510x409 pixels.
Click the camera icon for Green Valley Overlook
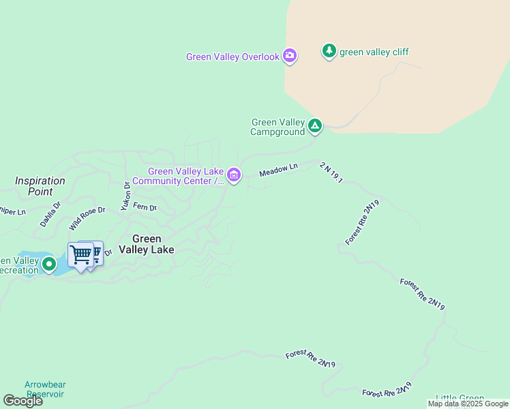(290, 56)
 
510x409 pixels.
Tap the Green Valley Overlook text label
(232, 57)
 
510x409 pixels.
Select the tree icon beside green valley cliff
(329, 51)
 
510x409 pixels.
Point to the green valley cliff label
(374, 52)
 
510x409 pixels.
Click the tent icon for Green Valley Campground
(315, 125)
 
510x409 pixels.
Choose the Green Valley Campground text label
(278, 127)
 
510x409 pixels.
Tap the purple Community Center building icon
(234, 176)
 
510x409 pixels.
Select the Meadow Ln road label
(278, 170)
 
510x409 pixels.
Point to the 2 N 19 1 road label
(330, 173)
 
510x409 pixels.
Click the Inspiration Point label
(40, 186)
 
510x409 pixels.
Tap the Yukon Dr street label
(125, 196)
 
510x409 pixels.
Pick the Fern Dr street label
(145, 207)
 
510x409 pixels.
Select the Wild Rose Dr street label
(87, 218)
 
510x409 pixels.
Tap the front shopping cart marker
(80, 256)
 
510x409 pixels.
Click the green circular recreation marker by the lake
(48, 264)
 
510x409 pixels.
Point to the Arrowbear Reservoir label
(44, 389)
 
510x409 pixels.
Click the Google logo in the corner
(22, 401)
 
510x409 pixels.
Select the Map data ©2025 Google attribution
(468, 404)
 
